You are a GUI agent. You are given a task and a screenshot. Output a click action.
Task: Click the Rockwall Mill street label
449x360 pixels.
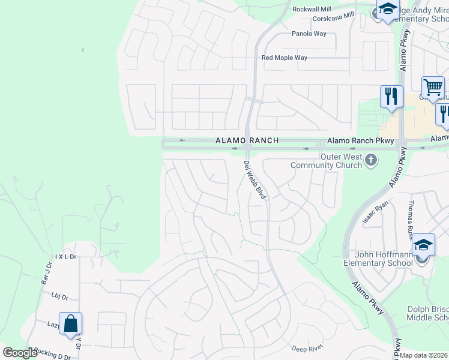312,10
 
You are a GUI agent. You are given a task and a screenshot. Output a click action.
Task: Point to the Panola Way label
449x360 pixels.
309,34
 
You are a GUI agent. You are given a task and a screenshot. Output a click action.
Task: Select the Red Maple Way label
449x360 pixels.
284,58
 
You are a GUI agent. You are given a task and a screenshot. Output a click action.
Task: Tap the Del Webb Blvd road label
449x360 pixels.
255,179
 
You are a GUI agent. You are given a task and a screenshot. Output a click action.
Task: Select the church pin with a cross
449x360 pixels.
372,160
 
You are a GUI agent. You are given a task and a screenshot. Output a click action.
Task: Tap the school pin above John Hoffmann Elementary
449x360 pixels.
423,245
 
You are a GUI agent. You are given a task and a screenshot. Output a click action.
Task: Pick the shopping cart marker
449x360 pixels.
433,88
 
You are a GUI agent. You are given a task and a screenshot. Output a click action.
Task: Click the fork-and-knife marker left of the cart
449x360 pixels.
391,96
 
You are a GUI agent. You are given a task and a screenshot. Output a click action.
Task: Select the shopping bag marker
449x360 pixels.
70,324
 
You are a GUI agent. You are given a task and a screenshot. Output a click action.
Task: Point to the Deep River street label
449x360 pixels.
307,349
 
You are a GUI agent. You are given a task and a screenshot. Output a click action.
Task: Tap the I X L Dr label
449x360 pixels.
66,257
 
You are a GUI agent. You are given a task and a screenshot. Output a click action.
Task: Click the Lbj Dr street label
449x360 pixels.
60,296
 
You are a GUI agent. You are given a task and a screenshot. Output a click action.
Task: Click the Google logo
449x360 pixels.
20,353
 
